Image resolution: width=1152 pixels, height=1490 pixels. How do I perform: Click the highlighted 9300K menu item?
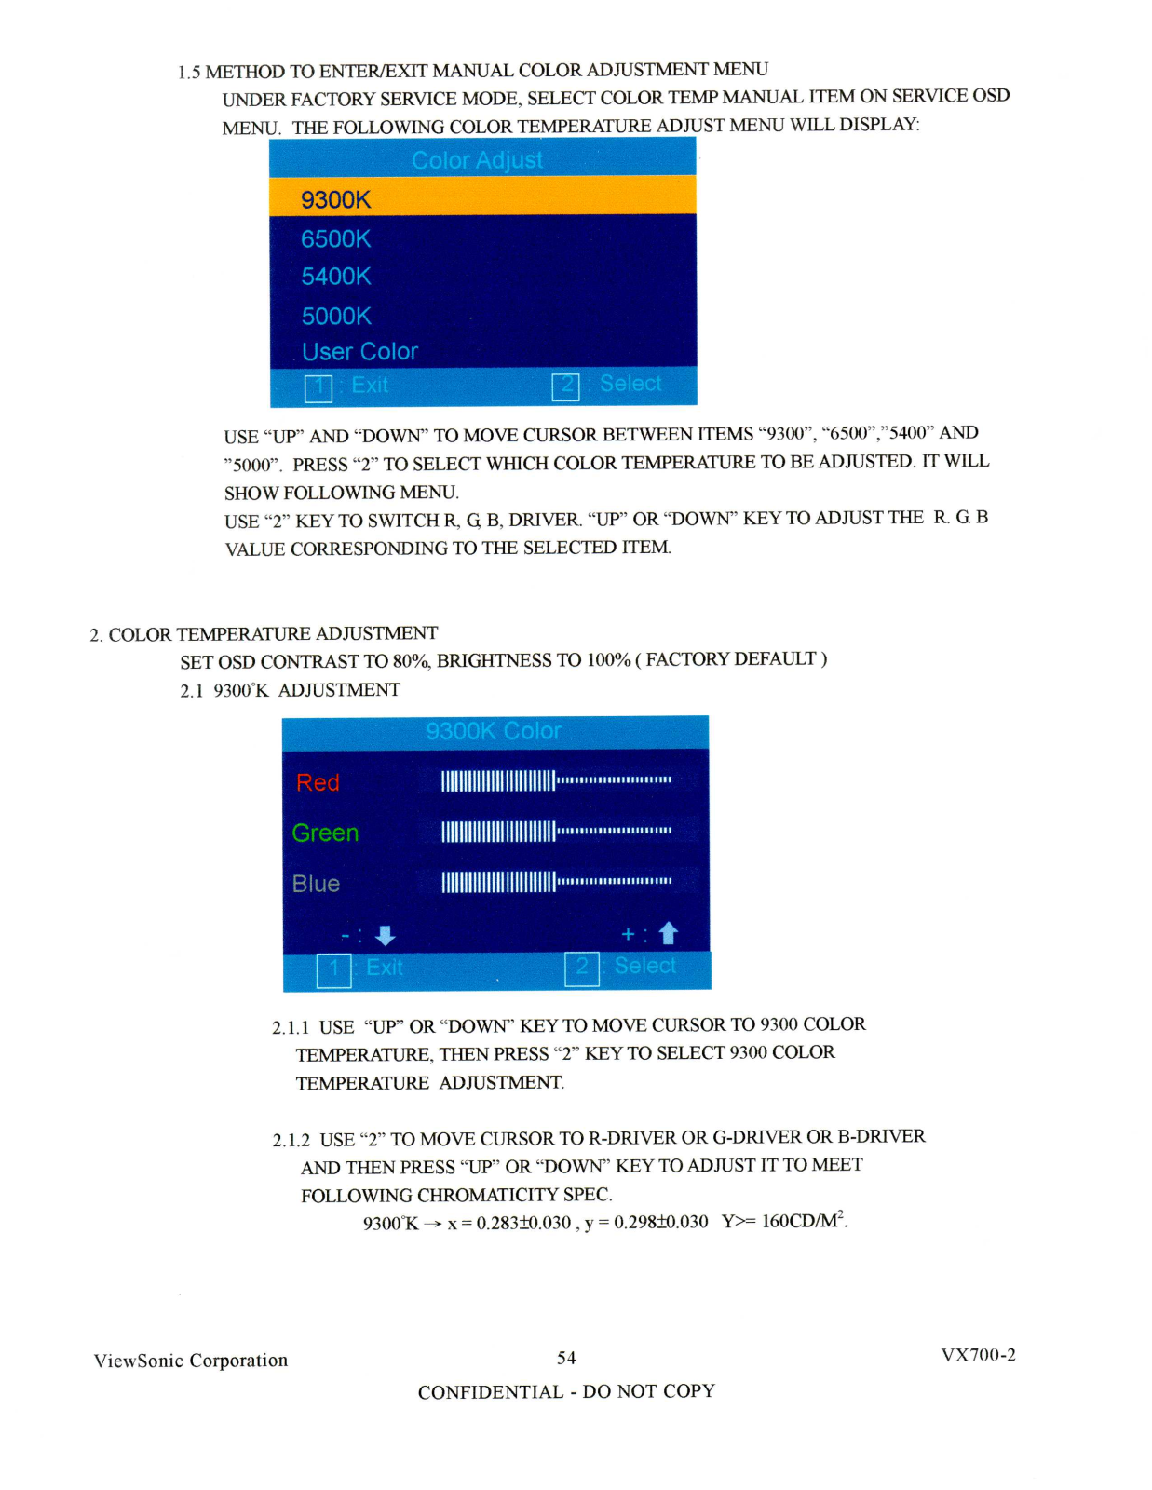click(336, 199)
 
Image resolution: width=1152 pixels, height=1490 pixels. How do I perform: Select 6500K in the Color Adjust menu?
click(336, 239)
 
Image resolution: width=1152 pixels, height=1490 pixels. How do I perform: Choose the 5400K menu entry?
click(336, 277)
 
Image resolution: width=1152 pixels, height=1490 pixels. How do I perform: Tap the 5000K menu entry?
click(336, 317)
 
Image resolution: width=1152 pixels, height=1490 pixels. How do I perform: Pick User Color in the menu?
click(360, 352)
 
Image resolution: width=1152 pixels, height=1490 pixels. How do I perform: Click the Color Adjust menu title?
click(477, 160)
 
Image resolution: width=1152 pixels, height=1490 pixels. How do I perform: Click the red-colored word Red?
click(318, 782)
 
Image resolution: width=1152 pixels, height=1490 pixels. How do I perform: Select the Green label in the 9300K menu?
click(325, 833)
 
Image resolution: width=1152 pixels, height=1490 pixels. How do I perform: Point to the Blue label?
click(316, 884)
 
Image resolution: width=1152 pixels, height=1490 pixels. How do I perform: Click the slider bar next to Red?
click(556, 780)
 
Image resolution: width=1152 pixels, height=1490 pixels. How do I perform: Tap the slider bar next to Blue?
click(556, 882)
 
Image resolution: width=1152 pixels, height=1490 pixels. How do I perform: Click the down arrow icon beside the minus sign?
click(385, 935)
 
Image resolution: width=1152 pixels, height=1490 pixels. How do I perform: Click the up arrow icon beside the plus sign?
click(668, 933)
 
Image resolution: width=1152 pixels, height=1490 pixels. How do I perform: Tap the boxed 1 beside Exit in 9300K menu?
click(333, 969)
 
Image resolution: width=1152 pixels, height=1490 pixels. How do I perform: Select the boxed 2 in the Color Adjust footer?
click(565, 386)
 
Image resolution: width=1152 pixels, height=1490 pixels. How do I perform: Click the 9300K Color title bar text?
click(494, 731)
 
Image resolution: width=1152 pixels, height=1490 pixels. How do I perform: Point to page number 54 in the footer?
click(566, 1358)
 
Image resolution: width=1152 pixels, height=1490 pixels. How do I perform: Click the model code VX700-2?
click(978, 1355)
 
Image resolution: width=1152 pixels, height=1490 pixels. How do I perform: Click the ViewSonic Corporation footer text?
click(191, 1361)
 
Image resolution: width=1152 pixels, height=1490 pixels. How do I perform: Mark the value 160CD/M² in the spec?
click(804, 1220)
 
